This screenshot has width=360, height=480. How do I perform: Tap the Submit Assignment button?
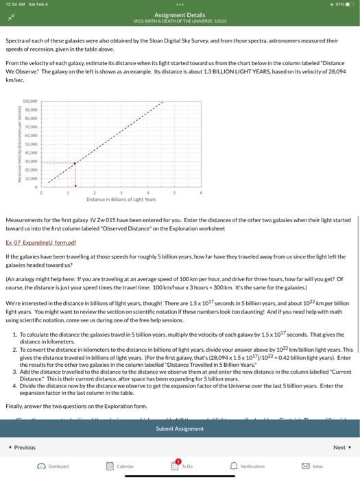click(x=180, y=429)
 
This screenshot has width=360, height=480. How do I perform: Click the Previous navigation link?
click(x=23, y=447)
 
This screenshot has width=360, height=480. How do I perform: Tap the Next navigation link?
click(x=339, y=447)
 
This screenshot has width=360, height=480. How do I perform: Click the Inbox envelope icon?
click(x=313, y=466)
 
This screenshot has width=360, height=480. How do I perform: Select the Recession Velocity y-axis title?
click(x=8, y=143)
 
